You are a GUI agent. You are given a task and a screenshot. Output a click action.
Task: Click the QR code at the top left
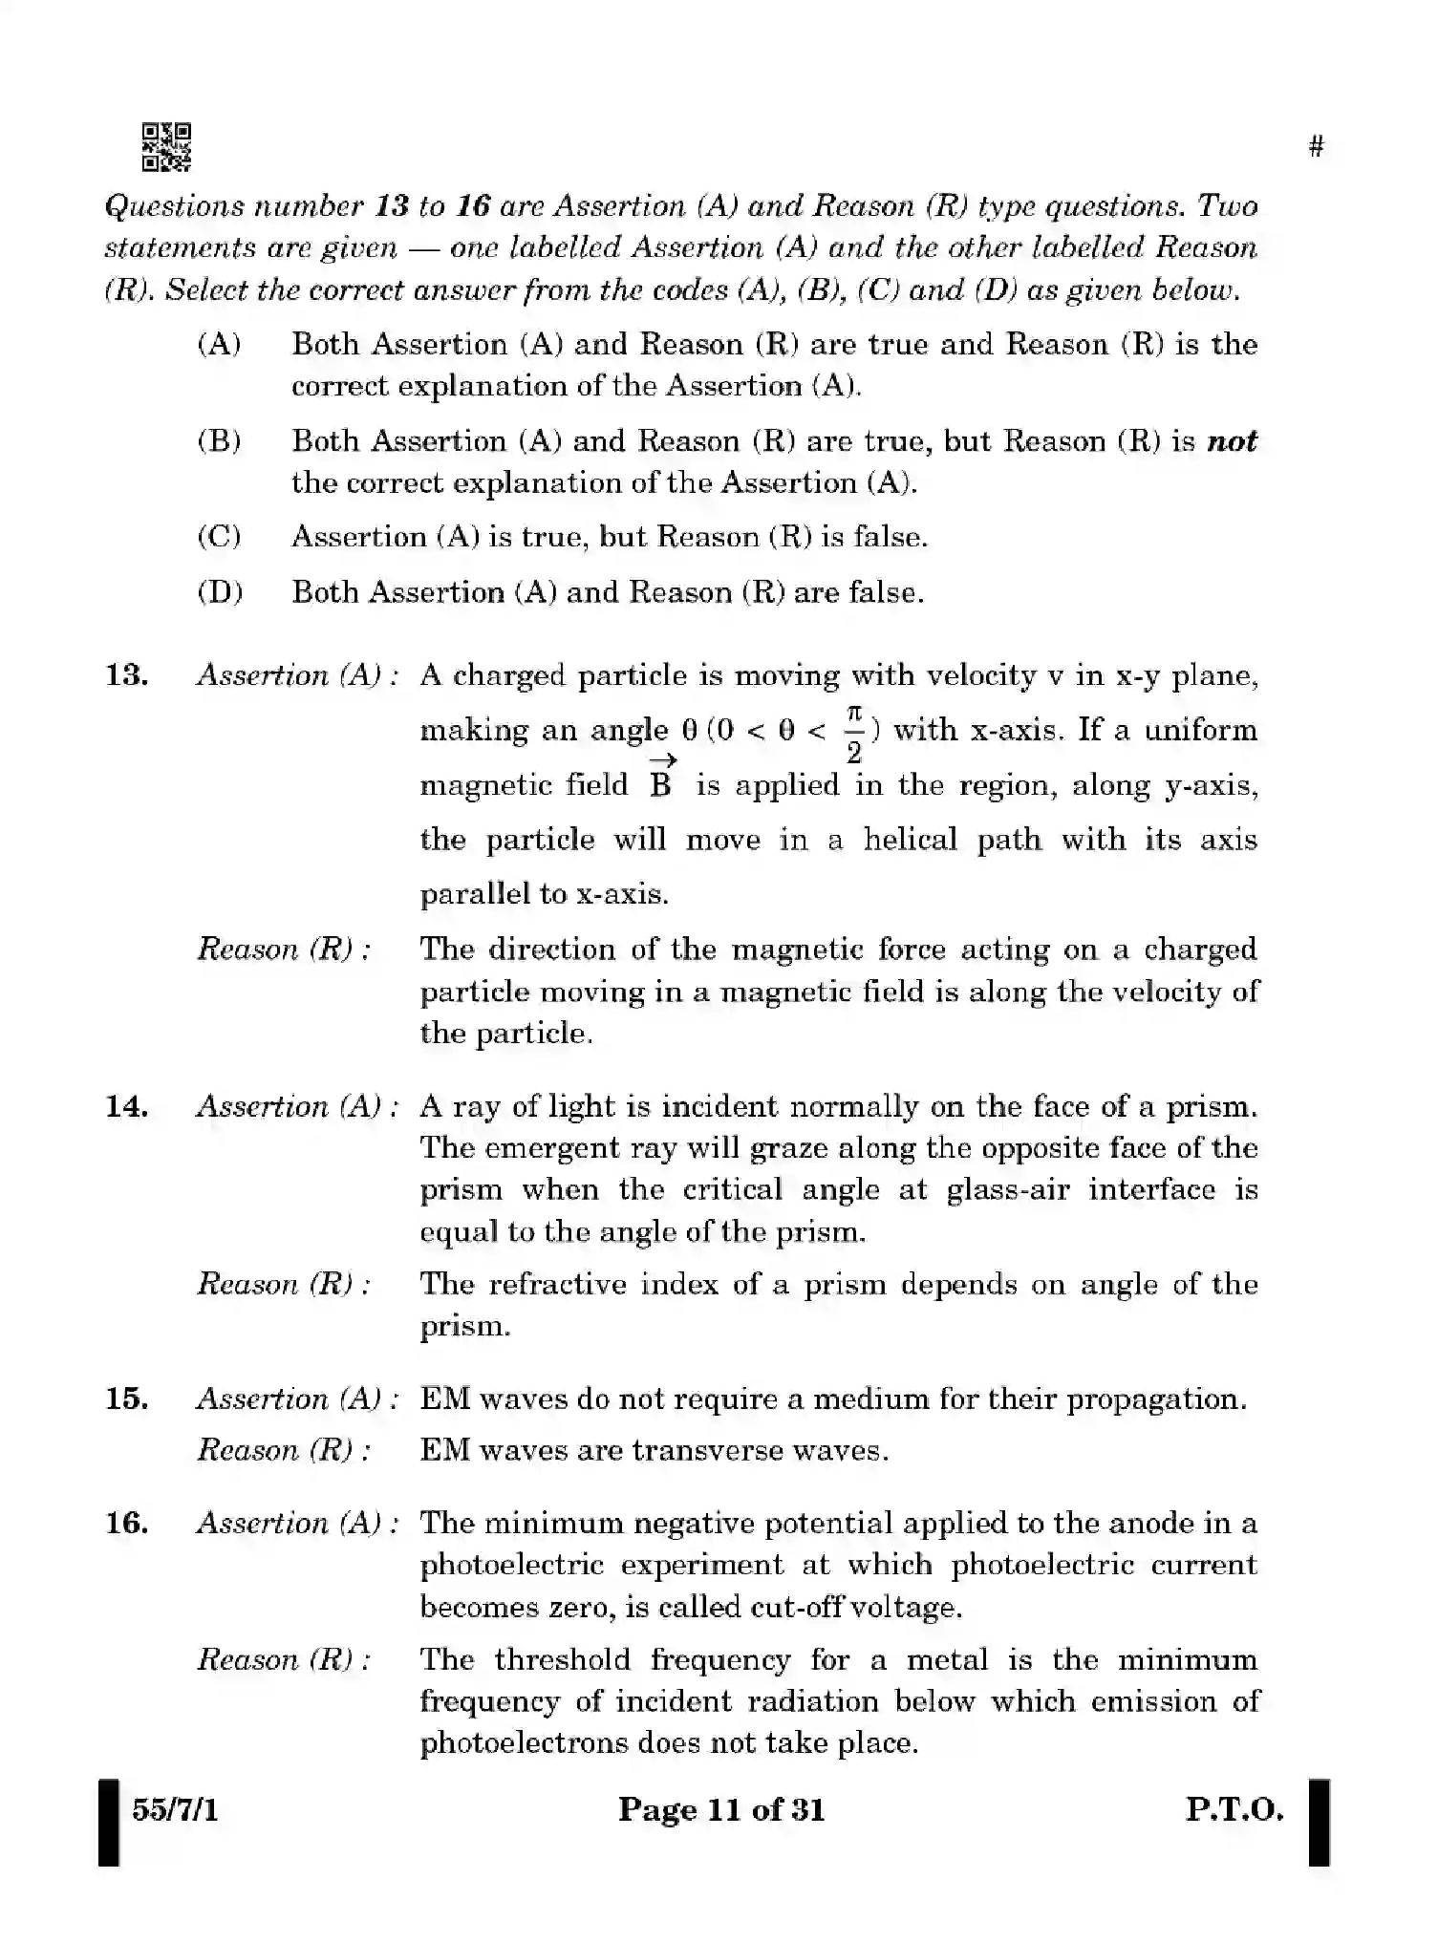[166, 146]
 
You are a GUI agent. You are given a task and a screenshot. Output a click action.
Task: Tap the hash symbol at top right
[1317, 147]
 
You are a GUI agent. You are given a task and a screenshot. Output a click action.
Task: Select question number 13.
[127, 675]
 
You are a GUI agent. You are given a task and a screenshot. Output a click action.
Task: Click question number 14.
[127, 1106]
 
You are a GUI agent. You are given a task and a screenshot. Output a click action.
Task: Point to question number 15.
[127, 1399]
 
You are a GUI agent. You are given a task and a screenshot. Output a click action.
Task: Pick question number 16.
[127, 1523]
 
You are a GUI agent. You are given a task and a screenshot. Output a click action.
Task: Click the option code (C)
[219, 537]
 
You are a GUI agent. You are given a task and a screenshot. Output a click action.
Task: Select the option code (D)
[220, 592]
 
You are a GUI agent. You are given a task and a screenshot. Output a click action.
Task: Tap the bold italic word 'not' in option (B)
[1232, 441]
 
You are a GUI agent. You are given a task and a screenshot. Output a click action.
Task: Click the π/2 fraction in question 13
[854, 734]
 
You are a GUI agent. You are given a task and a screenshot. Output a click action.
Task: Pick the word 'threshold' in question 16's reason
[563, 1659]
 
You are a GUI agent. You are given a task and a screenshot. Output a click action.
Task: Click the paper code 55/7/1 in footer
[175, 1809]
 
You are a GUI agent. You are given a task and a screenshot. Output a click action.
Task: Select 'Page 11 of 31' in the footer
[721, 1809]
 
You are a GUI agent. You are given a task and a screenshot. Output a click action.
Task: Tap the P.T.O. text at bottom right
[1234, 1809]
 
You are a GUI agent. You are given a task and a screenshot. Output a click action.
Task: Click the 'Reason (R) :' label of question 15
[284, 1451]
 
